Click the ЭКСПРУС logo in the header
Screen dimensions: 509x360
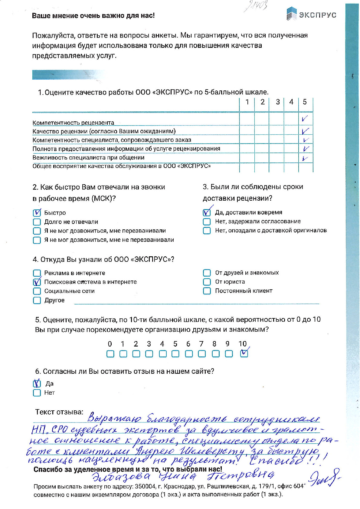311,14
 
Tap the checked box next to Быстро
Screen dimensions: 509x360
37,213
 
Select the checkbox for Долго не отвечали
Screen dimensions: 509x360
37,222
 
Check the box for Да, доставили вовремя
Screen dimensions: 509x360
207,212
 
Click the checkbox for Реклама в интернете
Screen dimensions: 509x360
37,273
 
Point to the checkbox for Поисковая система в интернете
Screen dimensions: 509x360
37,282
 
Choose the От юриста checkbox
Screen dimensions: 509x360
207,282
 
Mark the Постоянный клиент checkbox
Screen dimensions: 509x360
207,291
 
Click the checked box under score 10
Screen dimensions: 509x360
244,353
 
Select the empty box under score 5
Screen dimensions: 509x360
175,353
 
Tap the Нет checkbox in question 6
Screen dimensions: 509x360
37,393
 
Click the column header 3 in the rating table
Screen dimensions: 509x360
277,102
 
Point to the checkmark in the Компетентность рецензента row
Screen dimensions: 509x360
305,119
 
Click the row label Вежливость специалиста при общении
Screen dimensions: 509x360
88,157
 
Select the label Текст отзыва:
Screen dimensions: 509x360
59,412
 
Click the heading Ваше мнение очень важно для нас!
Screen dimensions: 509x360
93,16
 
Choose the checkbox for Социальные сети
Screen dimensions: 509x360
37,291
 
